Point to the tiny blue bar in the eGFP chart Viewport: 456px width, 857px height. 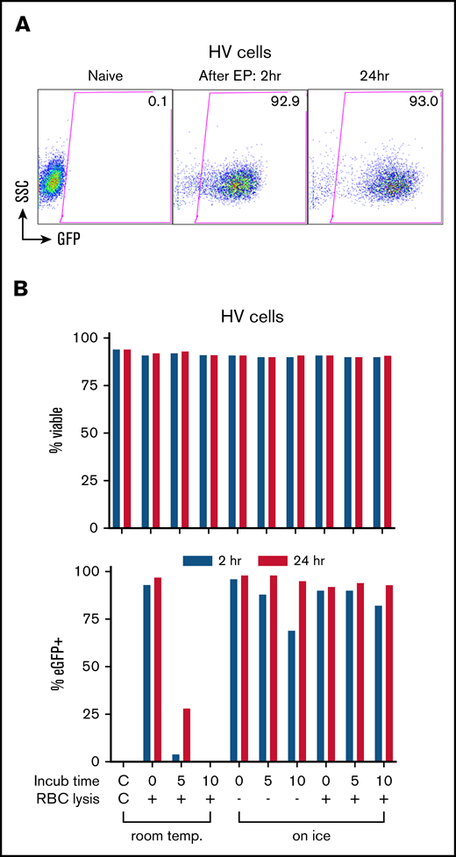[175, 757]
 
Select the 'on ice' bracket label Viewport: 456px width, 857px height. [311, 837]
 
